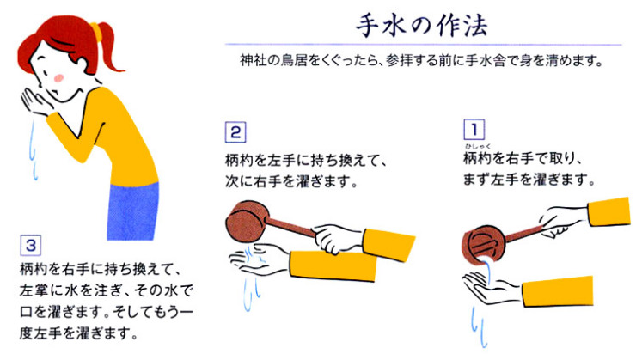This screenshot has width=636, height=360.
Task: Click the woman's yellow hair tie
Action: [96, 33]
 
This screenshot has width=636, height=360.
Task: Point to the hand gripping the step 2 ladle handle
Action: [331, 235]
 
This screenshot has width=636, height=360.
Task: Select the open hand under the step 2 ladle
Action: [262, 259]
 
